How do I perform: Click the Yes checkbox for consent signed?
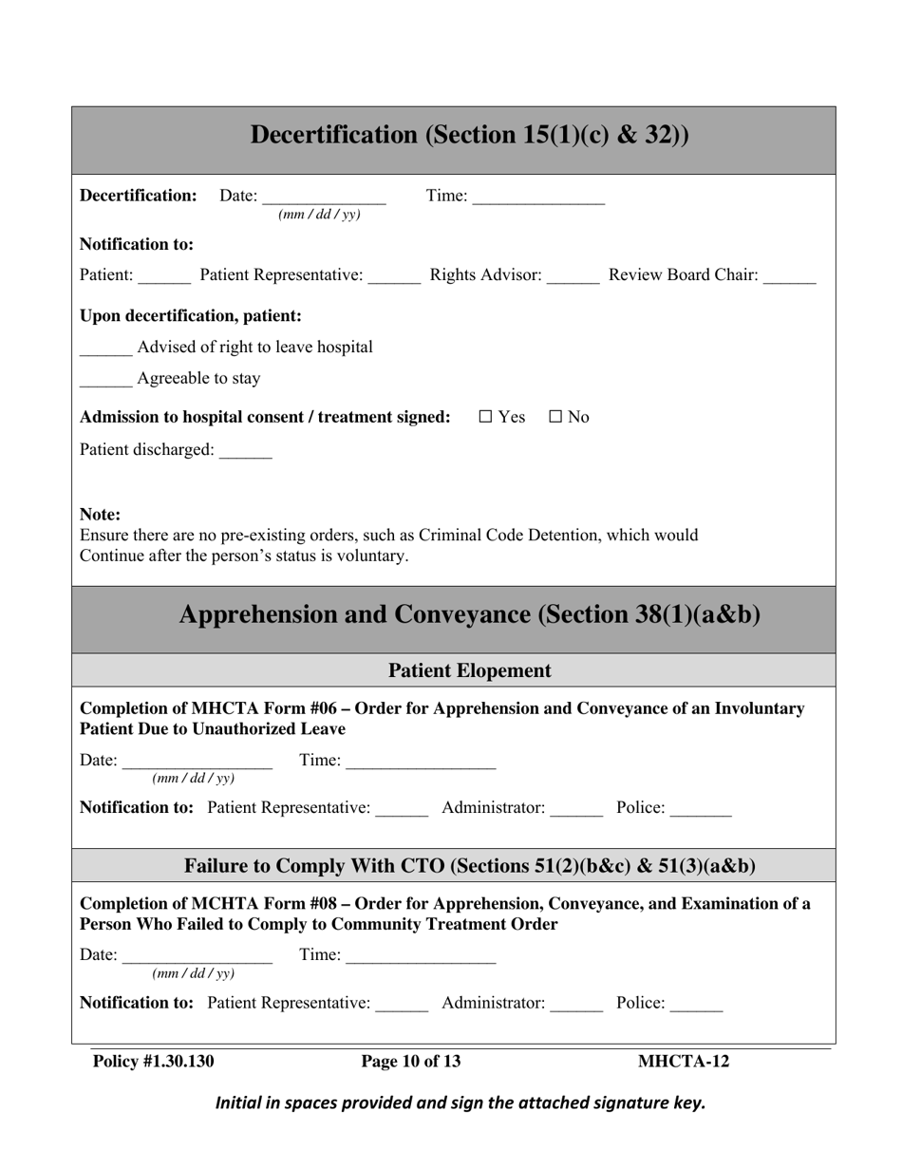point(485,418)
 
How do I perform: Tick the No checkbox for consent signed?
point(555,418)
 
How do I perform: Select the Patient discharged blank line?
point(245,453)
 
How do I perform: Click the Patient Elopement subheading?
point(470,670)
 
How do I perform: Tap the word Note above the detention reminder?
point(101,515)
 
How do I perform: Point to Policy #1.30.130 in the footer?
point(153,1061)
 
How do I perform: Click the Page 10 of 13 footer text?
point(411,1061)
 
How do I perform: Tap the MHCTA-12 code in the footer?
point(684,1061)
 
